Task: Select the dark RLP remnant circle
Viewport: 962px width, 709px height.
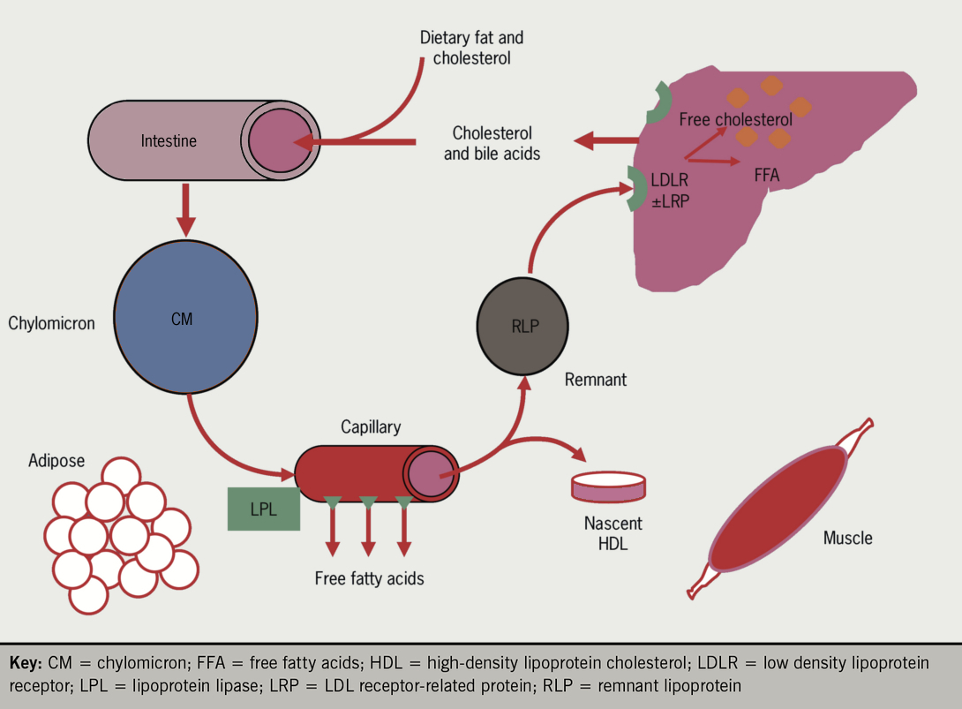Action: click(x=524, y=326)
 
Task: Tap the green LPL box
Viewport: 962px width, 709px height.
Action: click(x=263, y=509)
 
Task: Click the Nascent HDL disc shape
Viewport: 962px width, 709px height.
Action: click(x=608, y=486)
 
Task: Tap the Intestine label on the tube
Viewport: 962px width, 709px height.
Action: click(x=169, y=140)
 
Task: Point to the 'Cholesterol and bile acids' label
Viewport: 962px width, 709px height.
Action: click(x=492, y=143)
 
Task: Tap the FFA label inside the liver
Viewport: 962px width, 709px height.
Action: click(x=767, y=175)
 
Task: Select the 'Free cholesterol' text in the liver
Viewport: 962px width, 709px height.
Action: click(x=735, y=119)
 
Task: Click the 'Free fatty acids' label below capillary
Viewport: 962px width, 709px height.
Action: click(x=369, y=579)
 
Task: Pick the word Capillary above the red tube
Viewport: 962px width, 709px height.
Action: click(x=371, y=427)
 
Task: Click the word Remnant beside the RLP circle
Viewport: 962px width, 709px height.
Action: click(x=596, y=380)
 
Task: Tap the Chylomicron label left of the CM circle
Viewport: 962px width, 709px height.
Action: click(x=51, y=323)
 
